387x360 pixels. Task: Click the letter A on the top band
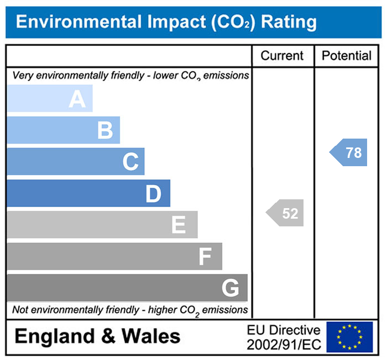[x=77, y=99]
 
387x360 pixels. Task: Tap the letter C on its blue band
[x=130, y=162]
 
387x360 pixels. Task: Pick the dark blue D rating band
[x=88, y=194]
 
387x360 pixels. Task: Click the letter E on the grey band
[x=178, y=225]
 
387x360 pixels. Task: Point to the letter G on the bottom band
[x=230, y=288]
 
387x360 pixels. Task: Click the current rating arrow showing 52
[x=286, y=214]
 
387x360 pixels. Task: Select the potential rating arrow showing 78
[x=349, y=153]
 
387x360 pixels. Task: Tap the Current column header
[x=282, y=56]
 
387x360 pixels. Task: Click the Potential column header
[x=347, y=56]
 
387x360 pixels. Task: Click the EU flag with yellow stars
[x=349, y=337]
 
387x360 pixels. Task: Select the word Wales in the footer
[x=151, y=336]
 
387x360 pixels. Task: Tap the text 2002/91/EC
[x=284, y=344]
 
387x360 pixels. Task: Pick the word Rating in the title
[x=289, y=23]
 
